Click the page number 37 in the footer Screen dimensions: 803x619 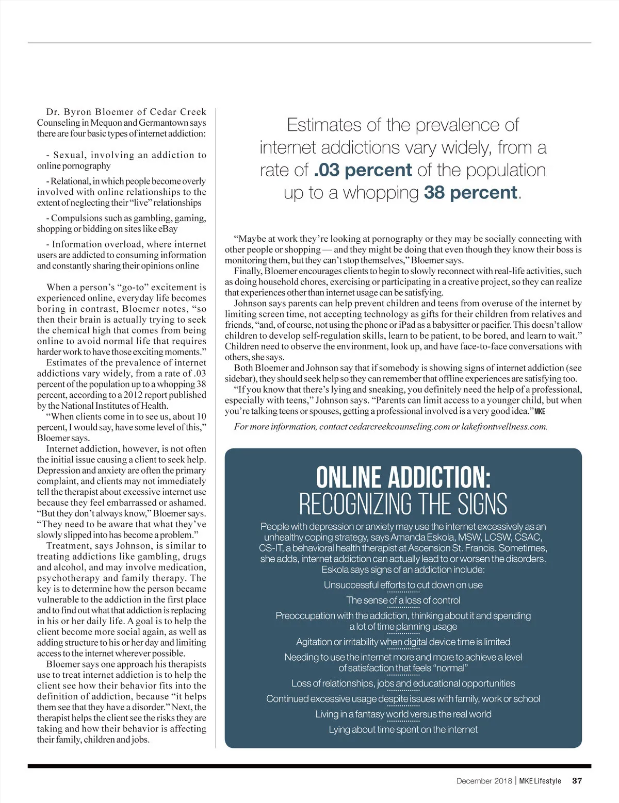577,781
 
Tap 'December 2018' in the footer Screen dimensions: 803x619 484,781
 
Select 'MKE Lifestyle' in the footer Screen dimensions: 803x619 540,781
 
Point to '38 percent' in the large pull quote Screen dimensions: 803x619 470,193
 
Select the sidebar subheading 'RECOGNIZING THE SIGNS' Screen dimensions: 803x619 403,504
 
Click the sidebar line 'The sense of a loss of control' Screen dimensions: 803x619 403,600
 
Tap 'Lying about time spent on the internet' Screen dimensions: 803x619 403,730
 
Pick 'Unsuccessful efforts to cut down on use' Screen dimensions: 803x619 403,585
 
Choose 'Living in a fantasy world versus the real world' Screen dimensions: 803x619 403,714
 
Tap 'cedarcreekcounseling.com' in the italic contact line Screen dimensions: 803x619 399,427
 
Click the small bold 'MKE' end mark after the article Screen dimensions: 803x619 540,411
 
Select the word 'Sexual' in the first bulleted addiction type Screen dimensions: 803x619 69,155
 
